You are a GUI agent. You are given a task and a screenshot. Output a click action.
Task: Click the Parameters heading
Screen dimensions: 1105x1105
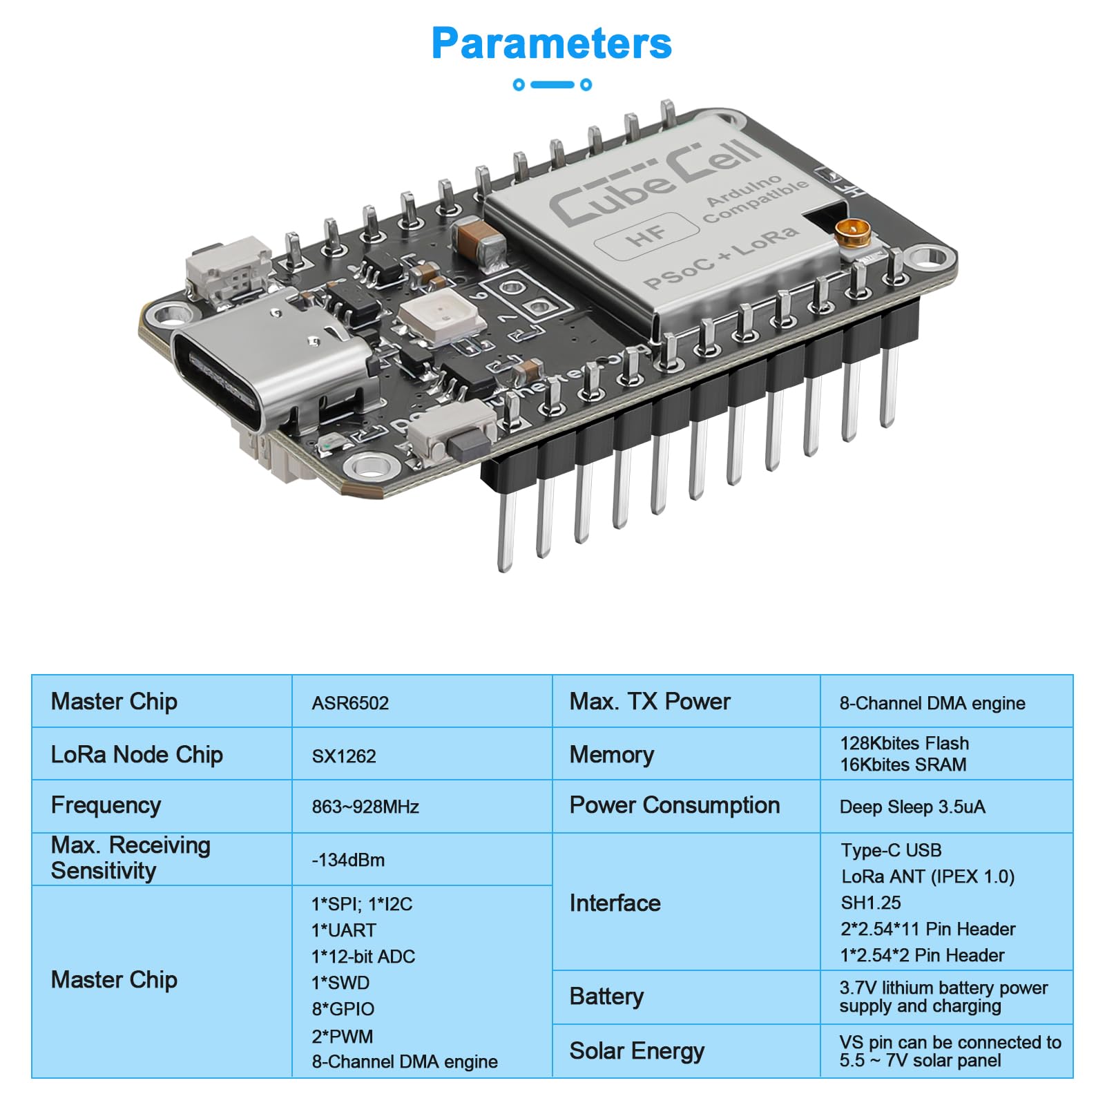tap(551, 44)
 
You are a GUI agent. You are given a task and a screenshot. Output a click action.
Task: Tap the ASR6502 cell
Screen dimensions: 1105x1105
tap(350, 703)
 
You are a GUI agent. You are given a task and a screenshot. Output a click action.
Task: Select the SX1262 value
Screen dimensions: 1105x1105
tap(344, 756)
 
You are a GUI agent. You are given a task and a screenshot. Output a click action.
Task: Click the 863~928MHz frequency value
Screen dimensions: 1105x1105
tap(365, 807)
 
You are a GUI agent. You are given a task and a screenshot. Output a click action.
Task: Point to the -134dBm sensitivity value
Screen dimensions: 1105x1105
tap(348, 860)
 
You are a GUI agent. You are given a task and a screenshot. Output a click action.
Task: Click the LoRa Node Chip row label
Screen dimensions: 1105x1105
tap(137, 755)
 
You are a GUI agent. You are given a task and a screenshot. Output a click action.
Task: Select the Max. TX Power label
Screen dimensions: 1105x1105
tap(649, 702)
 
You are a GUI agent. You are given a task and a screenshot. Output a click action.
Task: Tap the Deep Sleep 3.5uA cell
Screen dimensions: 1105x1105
tap(912, 807)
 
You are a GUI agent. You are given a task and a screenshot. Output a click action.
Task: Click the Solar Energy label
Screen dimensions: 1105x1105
tap(637, 1051)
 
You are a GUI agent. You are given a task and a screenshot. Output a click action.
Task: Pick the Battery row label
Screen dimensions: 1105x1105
tap(606, 997)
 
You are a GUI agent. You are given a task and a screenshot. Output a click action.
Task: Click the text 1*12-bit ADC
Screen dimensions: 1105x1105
tap(363, 957)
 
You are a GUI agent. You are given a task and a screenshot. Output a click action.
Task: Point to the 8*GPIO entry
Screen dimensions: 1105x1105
tap(343, 1009)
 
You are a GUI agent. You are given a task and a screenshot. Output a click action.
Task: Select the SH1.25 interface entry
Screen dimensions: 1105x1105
tap(870, 903)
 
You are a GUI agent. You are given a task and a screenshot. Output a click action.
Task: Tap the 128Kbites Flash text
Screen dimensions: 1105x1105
tap(904, 743)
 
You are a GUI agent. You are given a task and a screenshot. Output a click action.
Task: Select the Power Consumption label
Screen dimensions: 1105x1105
tap(674, 805)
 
